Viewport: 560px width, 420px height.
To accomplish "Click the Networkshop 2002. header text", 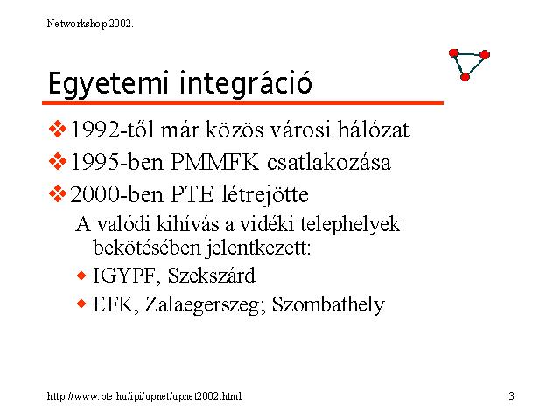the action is tap(90, 24).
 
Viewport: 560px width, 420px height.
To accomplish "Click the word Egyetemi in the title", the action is tap(108, 84).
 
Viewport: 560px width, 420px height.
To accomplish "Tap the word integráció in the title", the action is tap(245, 84).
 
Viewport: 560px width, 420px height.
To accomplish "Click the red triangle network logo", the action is tap(469, 65).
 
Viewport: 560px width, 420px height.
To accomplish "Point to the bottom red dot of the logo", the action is tap(465, 77).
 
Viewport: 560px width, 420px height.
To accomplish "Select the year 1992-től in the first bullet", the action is tap(113, 129).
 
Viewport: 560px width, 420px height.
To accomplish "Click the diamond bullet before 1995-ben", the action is tap(58, 161).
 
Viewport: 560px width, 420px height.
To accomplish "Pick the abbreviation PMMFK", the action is tap(214, 162).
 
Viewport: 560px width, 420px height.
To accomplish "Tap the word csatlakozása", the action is tap(329, 162).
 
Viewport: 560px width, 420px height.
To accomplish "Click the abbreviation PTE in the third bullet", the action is tap(192, 194).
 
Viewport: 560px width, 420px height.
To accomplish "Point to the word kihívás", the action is tap(187, 224).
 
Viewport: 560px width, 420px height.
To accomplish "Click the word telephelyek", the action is tap(350, 225).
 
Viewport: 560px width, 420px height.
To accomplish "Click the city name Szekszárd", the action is tap(212, 276).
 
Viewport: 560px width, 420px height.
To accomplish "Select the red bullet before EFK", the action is tap(81, 304).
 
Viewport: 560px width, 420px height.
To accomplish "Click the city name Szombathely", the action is tap(329, 305).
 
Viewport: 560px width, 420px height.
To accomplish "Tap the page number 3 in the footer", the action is tap(511, 396).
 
